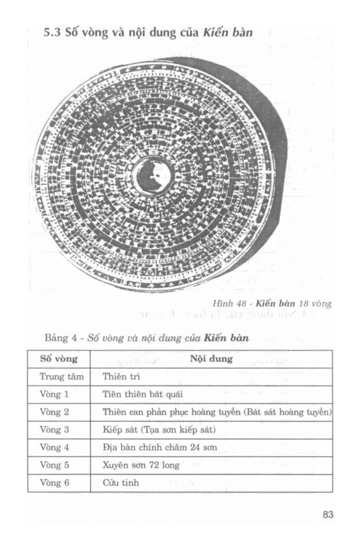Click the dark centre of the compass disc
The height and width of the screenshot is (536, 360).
point(154,176)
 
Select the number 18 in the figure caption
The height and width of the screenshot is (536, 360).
point(305,304)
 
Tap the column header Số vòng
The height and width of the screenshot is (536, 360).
point(59,359)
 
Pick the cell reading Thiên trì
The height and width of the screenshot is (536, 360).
point(115,377)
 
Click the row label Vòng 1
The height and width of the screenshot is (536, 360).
point(54,394)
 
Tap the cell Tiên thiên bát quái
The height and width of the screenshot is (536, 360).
point(136,394)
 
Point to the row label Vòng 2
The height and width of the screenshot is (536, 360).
point(54,412)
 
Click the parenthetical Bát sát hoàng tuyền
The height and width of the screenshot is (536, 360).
point(289,412)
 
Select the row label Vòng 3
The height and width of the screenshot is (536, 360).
point(54,430)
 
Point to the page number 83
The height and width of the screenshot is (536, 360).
point(328,515)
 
